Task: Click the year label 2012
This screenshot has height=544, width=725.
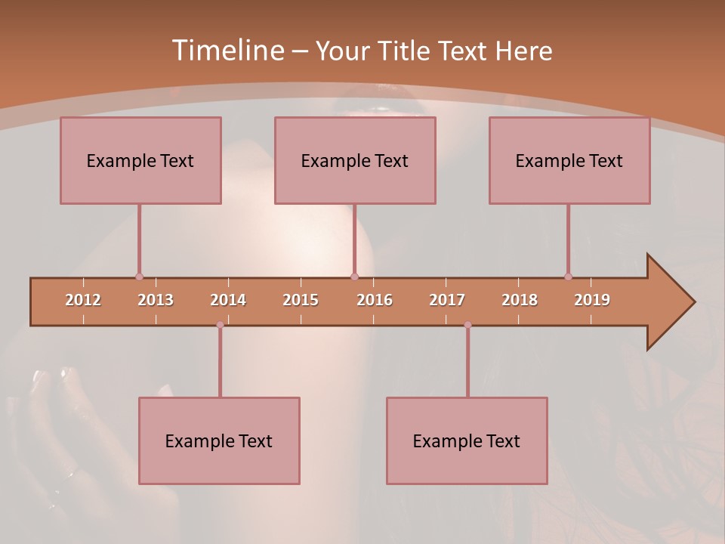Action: point(83,300)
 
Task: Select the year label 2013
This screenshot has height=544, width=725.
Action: point(156,300)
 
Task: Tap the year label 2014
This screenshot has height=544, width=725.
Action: point(228,300)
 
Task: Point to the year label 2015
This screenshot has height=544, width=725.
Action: point(301,300)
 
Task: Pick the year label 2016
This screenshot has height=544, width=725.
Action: point(375,300)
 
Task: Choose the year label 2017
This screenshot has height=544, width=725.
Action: point(447,300)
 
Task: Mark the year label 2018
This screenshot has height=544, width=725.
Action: point(520,300)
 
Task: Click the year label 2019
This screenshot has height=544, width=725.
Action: point(592,300)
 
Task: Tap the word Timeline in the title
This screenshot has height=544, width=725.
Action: point(227,51)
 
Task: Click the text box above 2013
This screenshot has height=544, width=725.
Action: point(140,160)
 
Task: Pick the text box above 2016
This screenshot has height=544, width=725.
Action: point(355,160)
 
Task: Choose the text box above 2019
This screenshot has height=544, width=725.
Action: point(569,160)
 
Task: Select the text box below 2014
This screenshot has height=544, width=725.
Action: point(219,440)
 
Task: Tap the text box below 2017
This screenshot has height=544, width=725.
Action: point(467,440)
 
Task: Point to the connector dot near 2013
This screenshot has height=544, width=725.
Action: point(139,277)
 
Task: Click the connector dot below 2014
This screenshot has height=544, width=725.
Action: point(220,325)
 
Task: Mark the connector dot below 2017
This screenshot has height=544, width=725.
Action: point(467,325)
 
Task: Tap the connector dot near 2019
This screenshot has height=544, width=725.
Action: point(568,277)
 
